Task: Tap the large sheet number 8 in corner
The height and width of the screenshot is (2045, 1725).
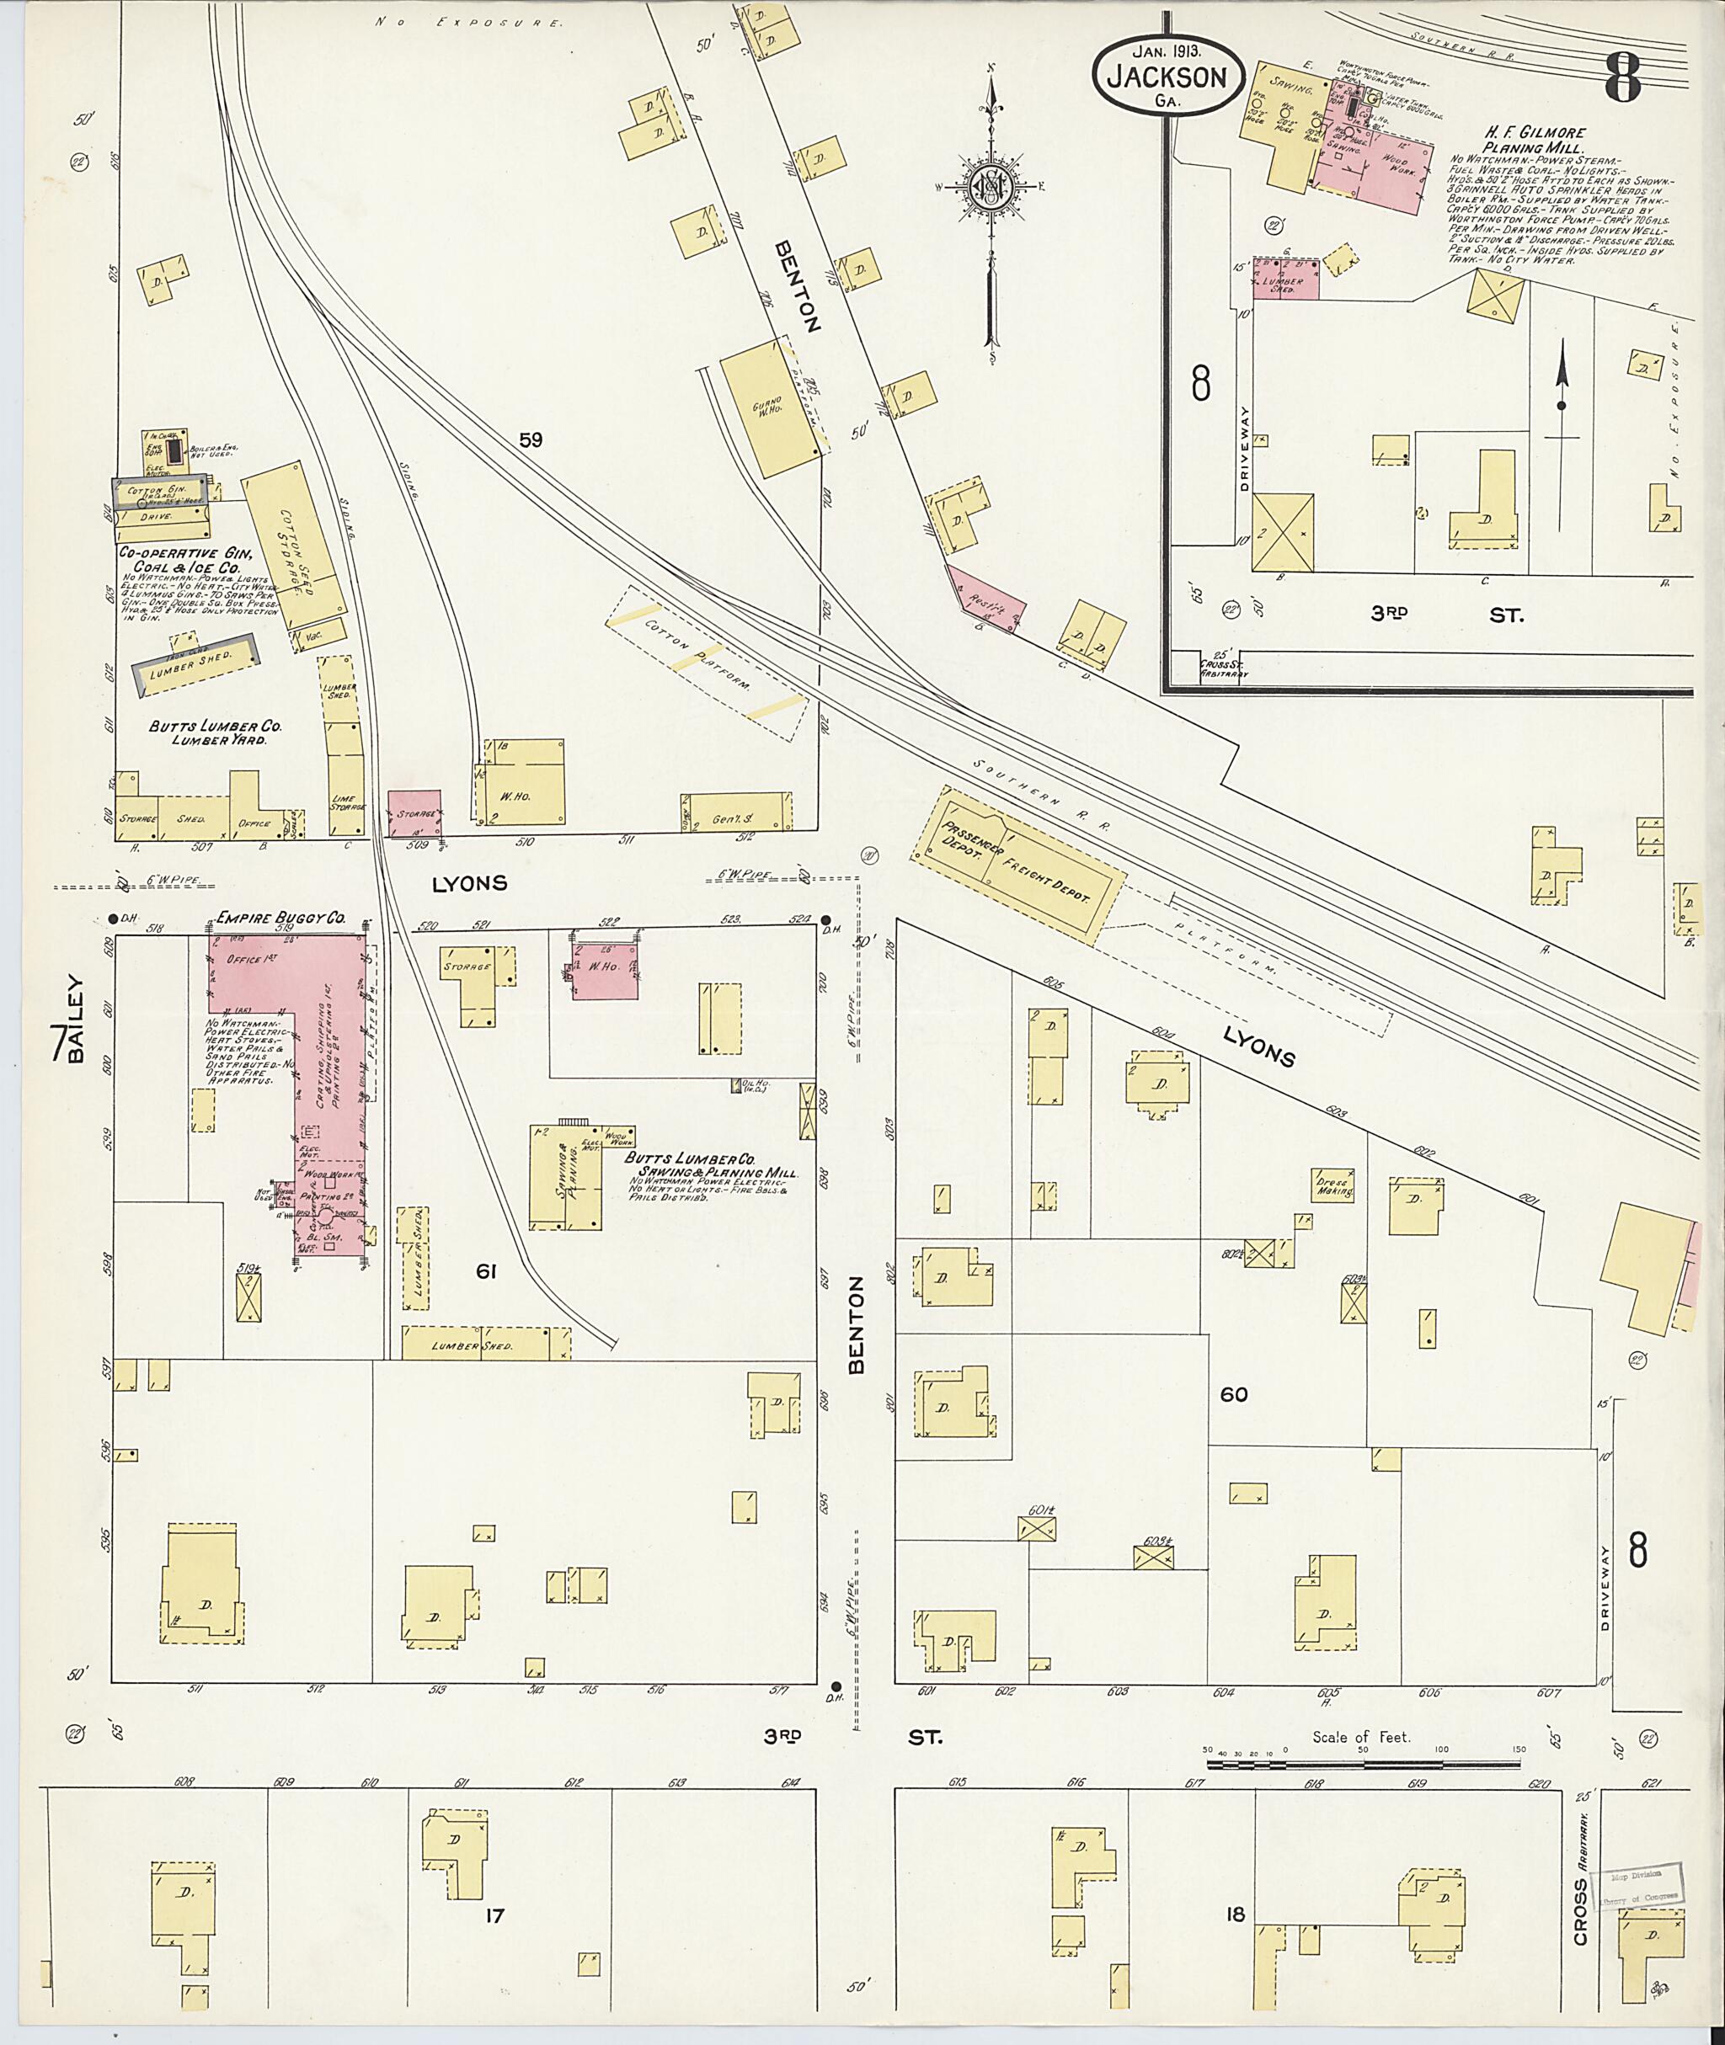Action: (x=1621, y=77)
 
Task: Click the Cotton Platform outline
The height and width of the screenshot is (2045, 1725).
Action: (x=706, y=663)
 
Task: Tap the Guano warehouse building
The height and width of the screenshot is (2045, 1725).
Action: (x=772, y=407)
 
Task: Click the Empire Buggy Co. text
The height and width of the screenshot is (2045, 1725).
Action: (x=280, y=918)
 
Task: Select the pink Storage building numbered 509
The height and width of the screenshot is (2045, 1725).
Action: (x=414, y=813)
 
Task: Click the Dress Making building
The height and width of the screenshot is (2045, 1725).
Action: (x=1332, y=1185)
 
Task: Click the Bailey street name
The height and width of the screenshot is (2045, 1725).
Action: (x=77, y=1017)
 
